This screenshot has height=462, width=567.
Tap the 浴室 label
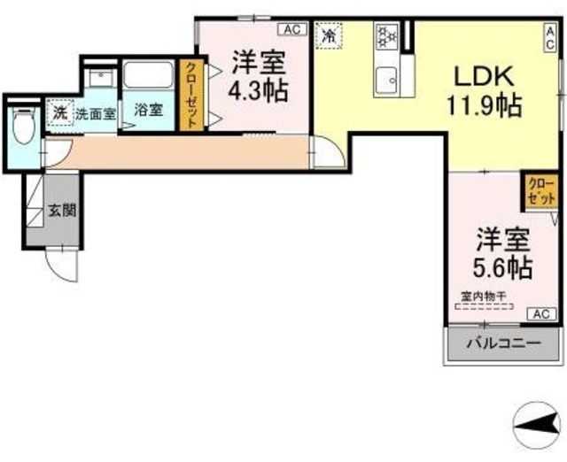coord(148,111)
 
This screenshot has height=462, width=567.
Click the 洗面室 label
coord(95,113)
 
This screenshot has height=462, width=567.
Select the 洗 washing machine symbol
coord(59,113)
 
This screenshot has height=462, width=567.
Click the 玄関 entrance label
coord(61,211)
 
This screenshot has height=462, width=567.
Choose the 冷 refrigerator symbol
coord(329,36)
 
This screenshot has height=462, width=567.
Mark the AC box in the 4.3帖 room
coord(294,29)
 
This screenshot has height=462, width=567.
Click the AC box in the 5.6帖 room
coord(541,314)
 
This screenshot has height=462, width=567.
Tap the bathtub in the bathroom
coord(149,74)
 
